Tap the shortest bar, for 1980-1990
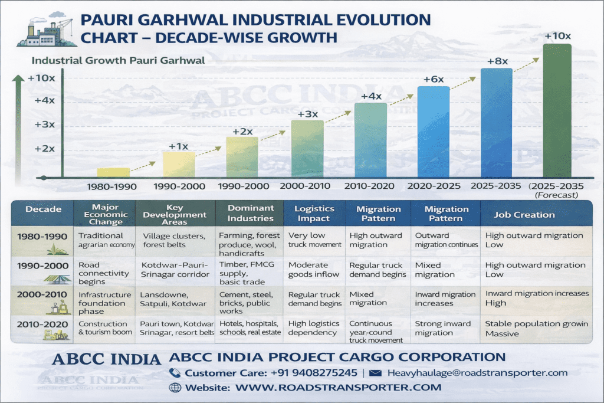(113, 172)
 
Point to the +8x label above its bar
(497, 61)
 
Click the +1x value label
(179, 146)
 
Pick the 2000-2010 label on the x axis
(307, 186)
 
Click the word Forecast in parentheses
(556, 195)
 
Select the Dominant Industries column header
(250, 213)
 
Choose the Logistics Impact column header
(314, 213)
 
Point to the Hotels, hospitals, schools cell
(248, 328)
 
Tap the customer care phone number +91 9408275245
(307, 373)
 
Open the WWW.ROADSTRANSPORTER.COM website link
(338, 388)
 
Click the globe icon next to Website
(175, 388)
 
